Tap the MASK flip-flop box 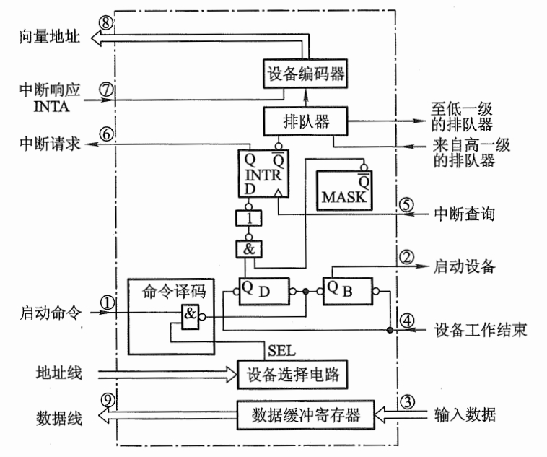[345, 186]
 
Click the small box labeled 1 [248, 219]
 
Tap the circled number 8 [106, 23]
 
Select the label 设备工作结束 [481, 331]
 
